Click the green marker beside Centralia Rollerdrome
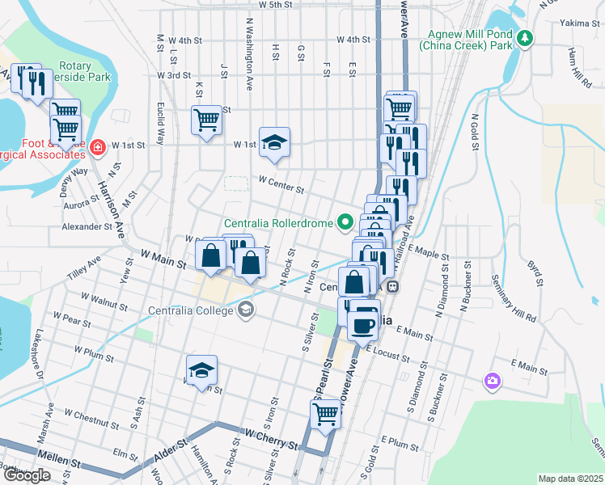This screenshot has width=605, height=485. pyautogui.click(x=347, y=221)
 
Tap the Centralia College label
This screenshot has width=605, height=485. pyautogui.click(x=192, y=309)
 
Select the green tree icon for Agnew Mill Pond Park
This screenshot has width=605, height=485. pyautogui.click(x=526, y=38)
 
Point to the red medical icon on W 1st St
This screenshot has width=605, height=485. pyautogui.click(x=98, y=147)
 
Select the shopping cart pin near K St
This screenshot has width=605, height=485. pyautogui.click(x=207, y=120)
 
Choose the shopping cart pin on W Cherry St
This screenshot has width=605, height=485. pyautogui.click(x=326, y=413)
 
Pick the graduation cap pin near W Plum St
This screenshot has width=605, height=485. pyautogui.click(x=201, y=369)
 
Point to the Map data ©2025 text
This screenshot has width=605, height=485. pyautogui.click(x=570, y=479)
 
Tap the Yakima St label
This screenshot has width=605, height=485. pyautogui.click(x=577, y=24)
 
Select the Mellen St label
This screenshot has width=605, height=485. pyautogui.click(x=64, y=464)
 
